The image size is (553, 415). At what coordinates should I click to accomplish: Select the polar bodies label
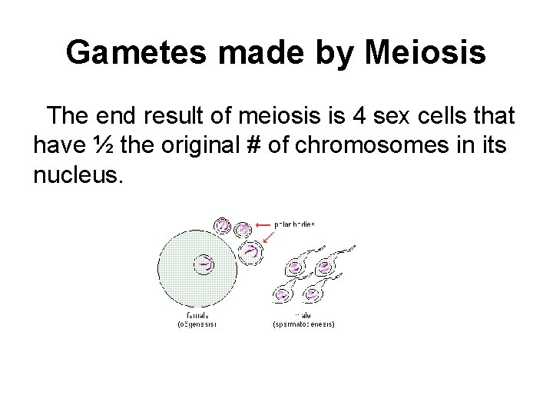tap(295, 224)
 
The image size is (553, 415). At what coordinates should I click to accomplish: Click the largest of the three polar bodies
tap(251, 252)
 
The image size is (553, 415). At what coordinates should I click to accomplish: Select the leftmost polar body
tap(223, 226)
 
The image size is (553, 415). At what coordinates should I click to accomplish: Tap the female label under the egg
tap(198, 314)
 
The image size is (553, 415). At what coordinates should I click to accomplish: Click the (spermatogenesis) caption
tap(304, 324)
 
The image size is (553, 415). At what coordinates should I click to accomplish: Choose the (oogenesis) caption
tap(198, 324)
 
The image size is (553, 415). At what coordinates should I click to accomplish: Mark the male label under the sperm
tap(304, 314)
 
